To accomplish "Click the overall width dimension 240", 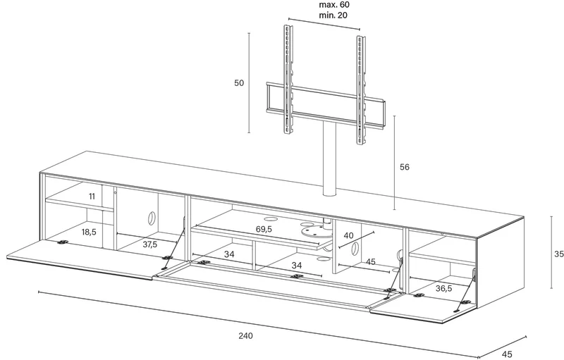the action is pyautogui.click(x=245, y=335).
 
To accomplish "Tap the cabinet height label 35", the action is pyautogui.click(x=558, y=254).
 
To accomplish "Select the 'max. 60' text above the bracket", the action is pyautogui.click(x=334, y=5).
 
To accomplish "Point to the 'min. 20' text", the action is pyautogui.click(x=333, y=15).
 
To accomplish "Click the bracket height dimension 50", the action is pyautogui.click(x=239, y=83).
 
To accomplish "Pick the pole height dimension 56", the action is pyautogui.click(x=404, y=167).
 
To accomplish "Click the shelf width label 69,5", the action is pyautogui.click(x=264, y=229).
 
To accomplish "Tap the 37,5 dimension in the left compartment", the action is pyautogui.click(x=150, y=244).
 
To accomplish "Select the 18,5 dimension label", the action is pyautogui.click(x=89, y=232).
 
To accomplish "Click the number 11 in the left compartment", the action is pyautogui.click(x=92, y=196).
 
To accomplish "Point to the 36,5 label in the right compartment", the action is pyautogui.click(x=444, y=288).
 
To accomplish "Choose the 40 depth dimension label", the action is pyautogui.click(x=348, y=235).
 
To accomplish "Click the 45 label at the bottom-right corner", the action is pyautogui.click(x=507, y=354).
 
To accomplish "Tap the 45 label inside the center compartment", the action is pyautogui.click(x=371, y=261).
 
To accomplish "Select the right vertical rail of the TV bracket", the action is pyautogui.click(x=361, y=90).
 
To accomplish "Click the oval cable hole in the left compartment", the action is pyautogui.click(x=151, y=218).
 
